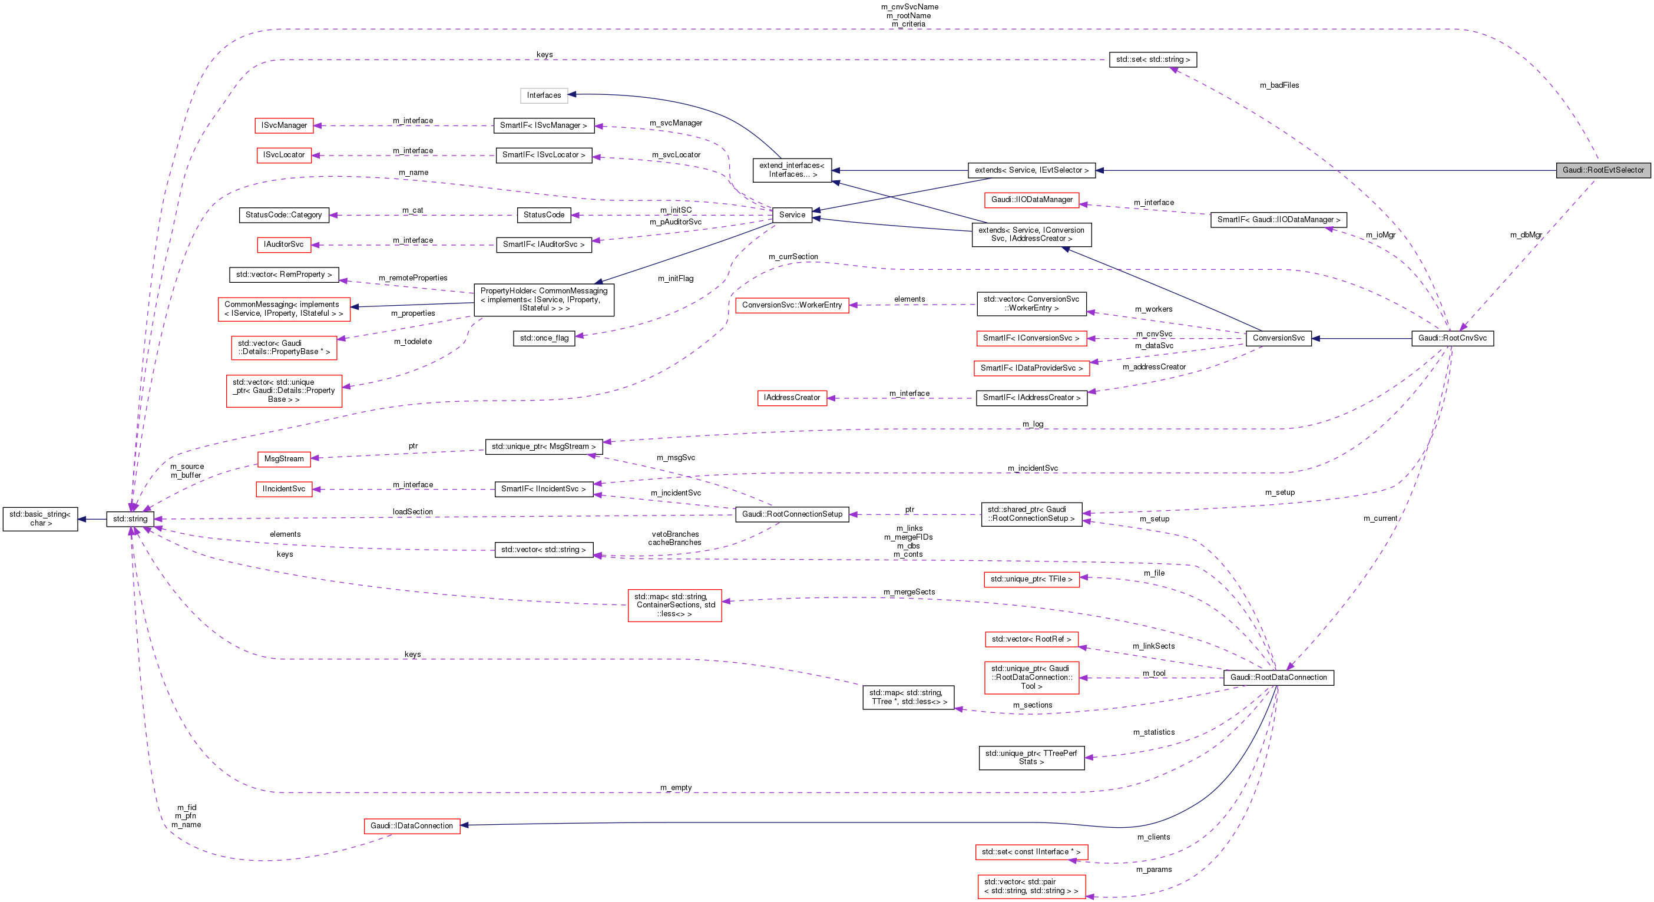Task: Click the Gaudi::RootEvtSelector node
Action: (1603, 170)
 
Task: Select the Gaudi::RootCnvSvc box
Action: (1452, 338)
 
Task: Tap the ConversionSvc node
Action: (1278, 338)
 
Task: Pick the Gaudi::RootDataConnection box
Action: (1278, 678)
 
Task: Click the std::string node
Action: (130, 518)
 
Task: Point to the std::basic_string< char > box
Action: (40, 518)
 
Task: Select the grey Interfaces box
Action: (544, 95)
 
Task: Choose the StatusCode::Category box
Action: (283, 215)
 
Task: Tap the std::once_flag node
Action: (544, 338)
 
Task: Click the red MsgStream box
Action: (284, 459)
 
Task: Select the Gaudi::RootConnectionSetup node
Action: (792, 514)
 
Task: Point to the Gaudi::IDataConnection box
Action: (412, 826)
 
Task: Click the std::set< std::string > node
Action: (1153, 60)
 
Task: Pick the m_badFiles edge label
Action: (1279, 85)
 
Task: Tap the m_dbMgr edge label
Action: (1526, 235)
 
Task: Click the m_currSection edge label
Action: (793, 257)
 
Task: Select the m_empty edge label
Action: (676, 788)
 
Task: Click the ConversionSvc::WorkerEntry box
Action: (792, 305)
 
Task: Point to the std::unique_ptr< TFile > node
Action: (1031, 579)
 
